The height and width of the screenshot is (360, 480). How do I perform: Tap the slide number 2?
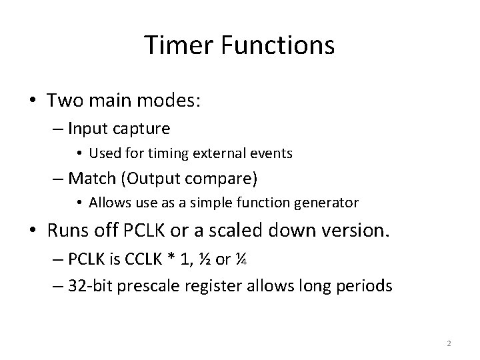pyautogui.click(x=449, y=343)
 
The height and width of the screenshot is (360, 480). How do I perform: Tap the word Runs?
pyautogui.click(x=67, y=231)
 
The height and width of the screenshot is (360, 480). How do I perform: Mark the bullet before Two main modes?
pyautogui.click(x=33, y=101)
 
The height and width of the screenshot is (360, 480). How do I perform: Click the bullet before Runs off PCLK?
pyautogui.click(x=33, y=231)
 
